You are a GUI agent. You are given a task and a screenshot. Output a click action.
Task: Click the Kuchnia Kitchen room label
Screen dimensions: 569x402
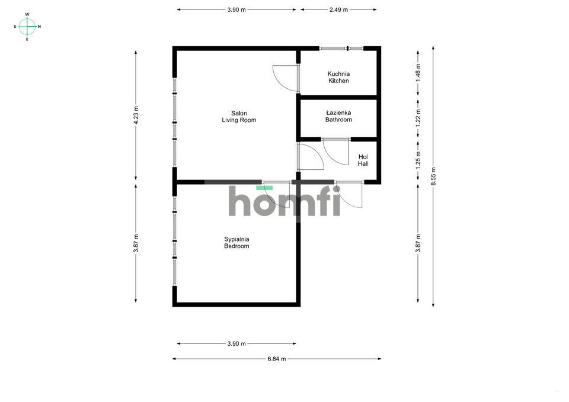(x=338, y=77)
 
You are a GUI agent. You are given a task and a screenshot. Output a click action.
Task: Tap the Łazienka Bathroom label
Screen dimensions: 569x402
(x=338, y=116)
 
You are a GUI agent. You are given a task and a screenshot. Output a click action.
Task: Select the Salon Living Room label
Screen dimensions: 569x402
(x=239, y=117)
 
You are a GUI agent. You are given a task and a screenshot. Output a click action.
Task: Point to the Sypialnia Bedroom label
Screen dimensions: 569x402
(x=236, y=243)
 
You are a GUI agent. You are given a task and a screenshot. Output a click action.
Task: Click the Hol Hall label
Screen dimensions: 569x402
(x=363, y=160)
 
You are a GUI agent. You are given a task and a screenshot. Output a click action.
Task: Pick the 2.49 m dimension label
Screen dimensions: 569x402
(x=338, y=10)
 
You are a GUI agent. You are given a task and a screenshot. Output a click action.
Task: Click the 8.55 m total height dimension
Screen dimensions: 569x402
(x=433, y=176)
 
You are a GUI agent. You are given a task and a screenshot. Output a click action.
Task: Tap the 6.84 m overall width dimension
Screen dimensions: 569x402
(x=277, y=359)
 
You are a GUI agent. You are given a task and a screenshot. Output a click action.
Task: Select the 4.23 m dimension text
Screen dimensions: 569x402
(x=136, y=115)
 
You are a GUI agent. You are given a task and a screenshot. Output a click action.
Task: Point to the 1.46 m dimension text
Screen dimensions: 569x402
(x=418, y=72)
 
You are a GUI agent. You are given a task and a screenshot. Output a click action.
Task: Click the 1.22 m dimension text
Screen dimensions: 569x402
(x=418, y=117)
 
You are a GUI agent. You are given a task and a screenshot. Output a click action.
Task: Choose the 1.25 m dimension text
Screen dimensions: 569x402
(x=418, y=160)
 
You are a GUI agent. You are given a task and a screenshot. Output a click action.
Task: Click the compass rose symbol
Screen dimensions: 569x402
(x=27, y=27)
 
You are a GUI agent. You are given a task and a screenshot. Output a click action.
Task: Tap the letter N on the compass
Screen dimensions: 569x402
(x=39, y=27)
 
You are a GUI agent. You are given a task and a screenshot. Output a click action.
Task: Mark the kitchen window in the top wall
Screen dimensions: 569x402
(x=341, y=48)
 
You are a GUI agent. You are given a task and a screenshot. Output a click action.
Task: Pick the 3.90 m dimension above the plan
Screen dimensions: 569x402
(x=236, y=10)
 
